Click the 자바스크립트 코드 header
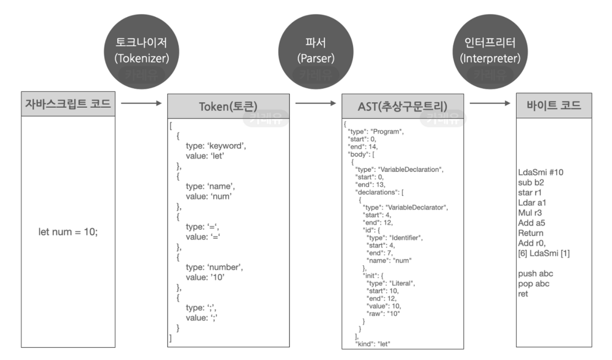(x=68, y=105)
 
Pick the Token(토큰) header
(x=228, y=107)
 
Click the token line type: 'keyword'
(x=216, y=146)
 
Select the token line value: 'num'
(x=210, y=196)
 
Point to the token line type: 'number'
(x=214, y=267)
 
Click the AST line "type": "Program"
(x=376, y=131)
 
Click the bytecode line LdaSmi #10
(x=541, y=172)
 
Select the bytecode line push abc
(x=535, y=274)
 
